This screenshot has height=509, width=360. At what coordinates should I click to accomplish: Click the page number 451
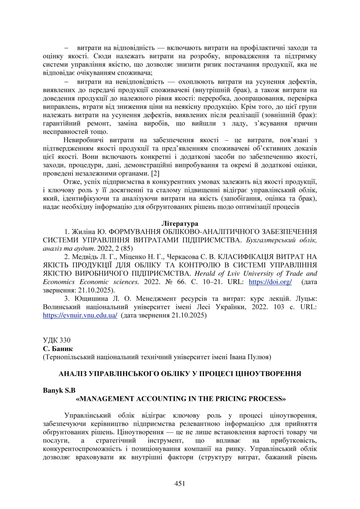point(180,483)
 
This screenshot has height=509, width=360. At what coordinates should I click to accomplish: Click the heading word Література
point(180,224)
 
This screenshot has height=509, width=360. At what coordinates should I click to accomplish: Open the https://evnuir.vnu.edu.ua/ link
point(80,315)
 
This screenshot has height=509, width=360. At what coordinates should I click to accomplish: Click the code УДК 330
point(57,340)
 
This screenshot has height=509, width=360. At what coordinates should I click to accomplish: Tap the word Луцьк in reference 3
point(304,299)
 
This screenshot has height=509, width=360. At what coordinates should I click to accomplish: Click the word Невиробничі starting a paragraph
point(83,140)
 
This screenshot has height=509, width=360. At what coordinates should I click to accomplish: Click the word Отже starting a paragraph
point(72,181)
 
